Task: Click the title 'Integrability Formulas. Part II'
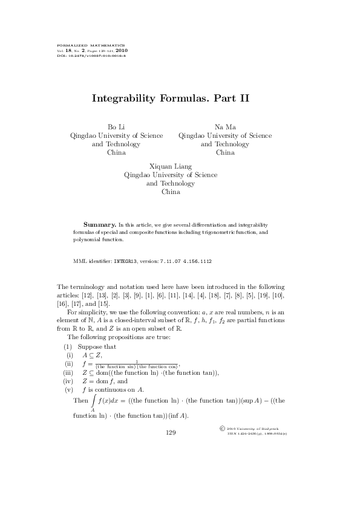click(x=171, y=97)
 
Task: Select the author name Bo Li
click(x=116, y=127)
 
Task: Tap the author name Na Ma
click(x=225, y=127)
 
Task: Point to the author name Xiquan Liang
click(x=170, y=166)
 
